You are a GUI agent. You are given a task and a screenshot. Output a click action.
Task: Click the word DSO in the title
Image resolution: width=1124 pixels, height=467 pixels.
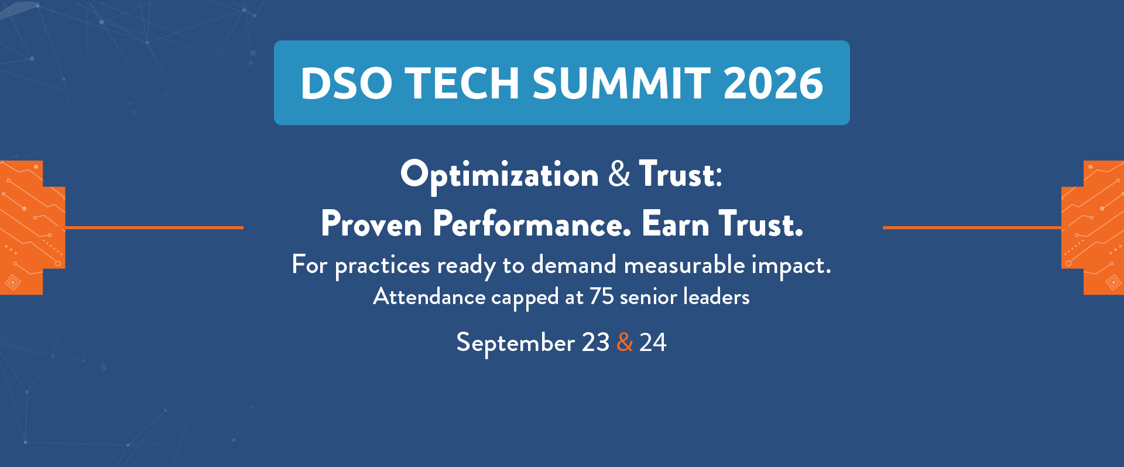point(346,83)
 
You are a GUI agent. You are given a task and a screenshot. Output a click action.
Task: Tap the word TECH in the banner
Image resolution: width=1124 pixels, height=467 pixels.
point(462,83)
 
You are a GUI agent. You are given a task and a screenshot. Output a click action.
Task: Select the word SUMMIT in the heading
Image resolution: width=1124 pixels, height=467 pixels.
point(621,83)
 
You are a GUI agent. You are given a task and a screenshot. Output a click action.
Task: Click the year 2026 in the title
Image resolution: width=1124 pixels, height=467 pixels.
point(773,83)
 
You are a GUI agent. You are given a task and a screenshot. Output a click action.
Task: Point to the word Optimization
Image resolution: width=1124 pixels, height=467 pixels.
point(499,175)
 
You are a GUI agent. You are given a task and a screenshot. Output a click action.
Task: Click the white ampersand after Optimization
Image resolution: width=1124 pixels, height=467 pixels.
point(619,174)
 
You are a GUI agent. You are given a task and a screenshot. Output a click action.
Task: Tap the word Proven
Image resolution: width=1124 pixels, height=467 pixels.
point(371,224)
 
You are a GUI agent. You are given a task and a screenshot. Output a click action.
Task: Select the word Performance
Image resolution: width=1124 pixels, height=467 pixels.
point(532,224)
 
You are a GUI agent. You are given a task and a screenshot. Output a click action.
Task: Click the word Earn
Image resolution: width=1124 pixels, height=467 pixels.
point(676,224)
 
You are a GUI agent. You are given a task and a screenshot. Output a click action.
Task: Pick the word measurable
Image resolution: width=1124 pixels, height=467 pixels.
point(684,265)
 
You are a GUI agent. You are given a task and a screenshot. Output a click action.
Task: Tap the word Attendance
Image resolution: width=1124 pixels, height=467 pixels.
point(429,296)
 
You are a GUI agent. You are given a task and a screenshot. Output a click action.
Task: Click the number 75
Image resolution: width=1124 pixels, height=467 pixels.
point(601,296)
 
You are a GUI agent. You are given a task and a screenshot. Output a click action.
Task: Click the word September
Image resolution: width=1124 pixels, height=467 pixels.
point(515,343)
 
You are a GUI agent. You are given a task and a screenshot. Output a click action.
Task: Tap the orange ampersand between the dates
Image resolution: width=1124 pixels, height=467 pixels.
point(625,342)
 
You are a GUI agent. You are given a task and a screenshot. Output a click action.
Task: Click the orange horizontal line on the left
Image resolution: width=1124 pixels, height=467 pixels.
point(154,227)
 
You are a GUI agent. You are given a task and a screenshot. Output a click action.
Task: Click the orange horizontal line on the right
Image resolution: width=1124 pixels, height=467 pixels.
point(972,227)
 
